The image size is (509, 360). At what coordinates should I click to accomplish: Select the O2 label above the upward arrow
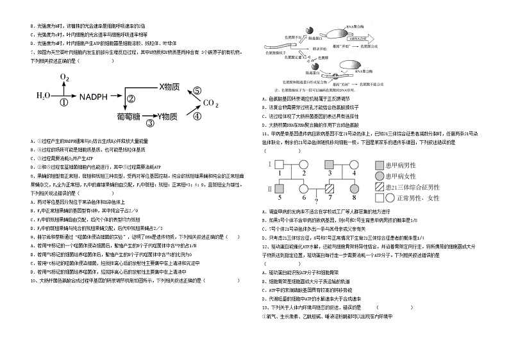(64, 78)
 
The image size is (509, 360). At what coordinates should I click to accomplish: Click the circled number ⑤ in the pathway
(197, 91)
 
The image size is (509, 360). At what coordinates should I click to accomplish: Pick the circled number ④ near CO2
(197, 116)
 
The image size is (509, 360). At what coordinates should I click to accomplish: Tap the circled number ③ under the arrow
(150, 123)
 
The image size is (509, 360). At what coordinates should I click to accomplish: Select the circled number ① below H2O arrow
(63, 102)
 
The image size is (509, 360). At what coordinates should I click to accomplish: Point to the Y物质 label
(169, 116)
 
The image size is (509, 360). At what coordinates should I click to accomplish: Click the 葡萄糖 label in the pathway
(128, 117)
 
